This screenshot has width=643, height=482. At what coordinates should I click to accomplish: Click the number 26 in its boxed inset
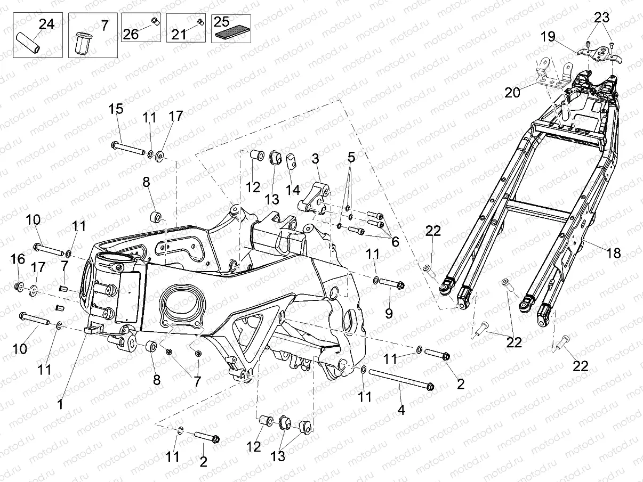[x=131, y=34]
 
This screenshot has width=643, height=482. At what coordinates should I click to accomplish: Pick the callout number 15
[x=116, y=109]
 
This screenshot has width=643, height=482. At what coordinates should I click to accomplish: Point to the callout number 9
[x=389, y=314]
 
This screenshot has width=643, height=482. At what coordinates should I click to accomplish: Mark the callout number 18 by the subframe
[x=614, y=254]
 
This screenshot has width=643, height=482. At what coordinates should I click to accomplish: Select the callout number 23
[x=602, y=18]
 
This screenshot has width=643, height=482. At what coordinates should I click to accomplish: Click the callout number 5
[x=350, y=158]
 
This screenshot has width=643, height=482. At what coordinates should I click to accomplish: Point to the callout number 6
[x=395, y=241]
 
